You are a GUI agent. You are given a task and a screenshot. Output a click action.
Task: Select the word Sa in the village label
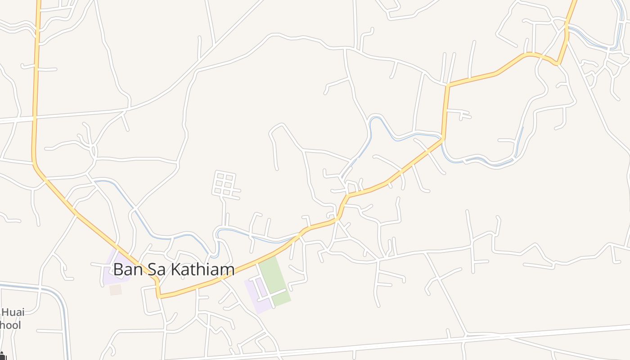(151, 270)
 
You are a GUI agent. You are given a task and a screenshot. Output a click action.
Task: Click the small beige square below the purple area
(116, 290)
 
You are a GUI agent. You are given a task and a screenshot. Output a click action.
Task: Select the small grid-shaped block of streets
(225, 184)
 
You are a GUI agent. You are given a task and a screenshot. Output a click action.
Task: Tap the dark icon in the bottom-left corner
(2, 356)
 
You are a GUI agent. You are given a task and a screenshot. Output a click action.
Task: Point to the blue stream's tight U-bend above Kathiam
(217, 234)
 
